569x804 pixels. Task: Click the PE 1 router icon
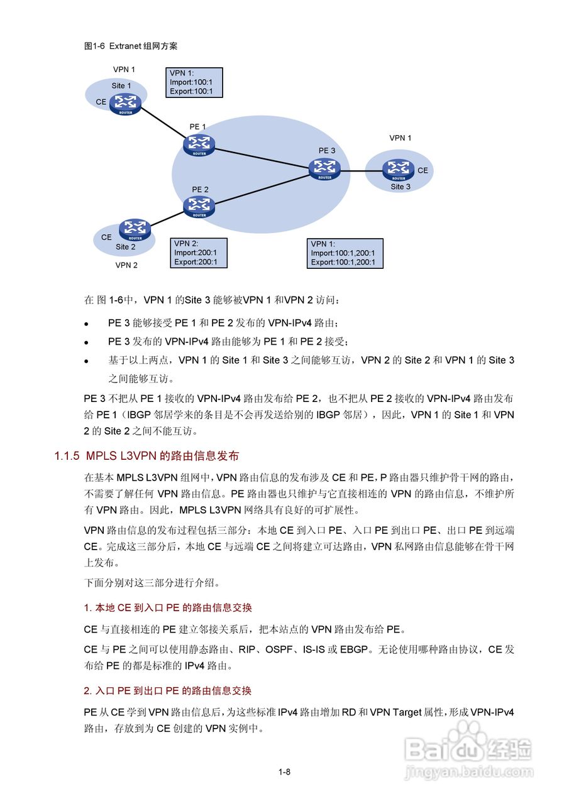[199, 144]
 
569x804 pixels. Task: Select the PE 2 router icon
[199, 206]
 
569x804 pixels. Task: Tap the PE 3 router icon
[324, 168]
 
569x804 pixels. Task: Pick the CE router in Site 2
[135, 230]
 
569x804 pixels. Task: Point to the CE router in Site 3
[398, 170]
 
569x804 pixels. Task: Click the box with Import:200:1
[198, 253]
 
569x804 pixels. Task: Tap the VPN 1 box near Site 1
[194, 82]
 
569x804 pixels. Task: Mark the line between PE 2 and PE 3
[261, 188]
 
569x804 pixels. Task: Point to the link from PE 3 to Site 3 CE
[362, 170]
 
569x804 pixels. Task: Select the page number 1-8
[284, 773]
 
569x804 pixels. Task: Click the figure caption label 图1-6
[94, 46]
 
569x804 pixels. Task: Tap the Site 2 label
[125, 247]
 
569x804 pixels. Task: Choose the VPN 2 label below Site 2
[126, 265]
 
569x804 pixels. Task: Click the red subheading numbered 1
[168, 608]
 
